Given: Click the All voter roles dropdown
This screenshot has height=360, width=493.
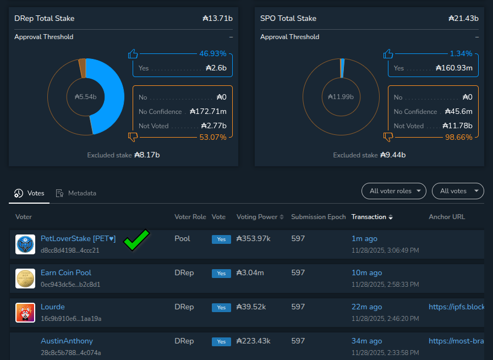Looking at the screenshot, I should click(x=393, y=191).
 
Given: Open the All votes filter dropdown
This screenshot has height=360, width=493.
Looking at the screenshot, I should click(x=458, y=191).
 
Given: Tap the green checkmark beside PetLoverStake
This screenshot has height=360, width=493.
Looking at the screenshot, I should click(x=136, y=241).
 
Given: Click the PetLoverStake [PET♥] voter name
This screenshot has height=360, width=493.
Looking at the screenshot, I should click(x=78, y=239).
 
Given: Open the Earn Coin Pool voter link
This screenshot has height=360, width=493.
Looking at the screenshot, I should click(x=66, y=273).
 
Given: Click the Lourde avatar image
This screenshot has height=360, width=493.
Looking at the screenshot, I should click(x=25, y=312).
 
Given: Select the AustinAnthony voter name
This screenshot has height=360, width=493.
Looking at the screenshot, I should click(x=67, y=341).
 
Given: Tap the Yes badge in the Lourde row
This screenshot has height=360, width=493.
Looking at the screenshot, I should click(x=221, y=308).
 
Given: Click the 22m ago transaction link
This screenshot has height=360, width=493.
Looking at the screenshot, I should click(x=366, y=307).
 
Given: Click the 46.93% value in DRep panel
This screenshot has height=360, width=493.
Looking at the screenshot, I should click(x=212, y=53).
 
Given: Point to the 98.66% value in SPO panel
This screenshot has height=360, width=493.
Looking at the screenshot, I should click(x=458, y=137).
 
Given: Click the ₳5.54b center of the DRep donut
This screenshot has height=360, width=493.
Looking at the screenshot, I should click(x=86, y=97).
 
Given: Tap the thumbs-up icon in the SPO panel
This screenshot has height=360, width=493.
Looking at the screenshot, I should click(x=388, y=54).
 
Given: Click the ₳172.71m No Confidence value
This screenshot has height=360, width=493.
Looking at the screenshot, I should click(x=208, y=111).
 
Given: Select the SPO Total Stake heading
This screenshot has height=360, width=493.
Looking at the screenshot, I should click(x=288, y=19).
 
